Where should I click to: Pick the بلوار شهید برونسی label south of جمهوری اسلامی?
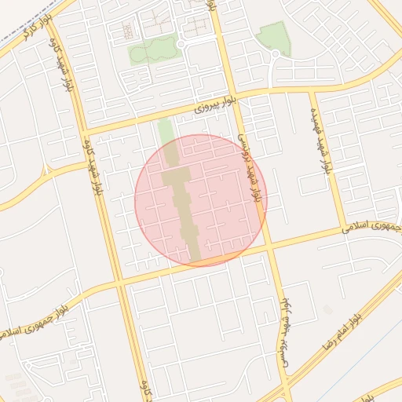(284, 334)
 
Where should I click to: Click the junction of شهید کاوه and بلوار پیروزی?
(82, 129)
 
